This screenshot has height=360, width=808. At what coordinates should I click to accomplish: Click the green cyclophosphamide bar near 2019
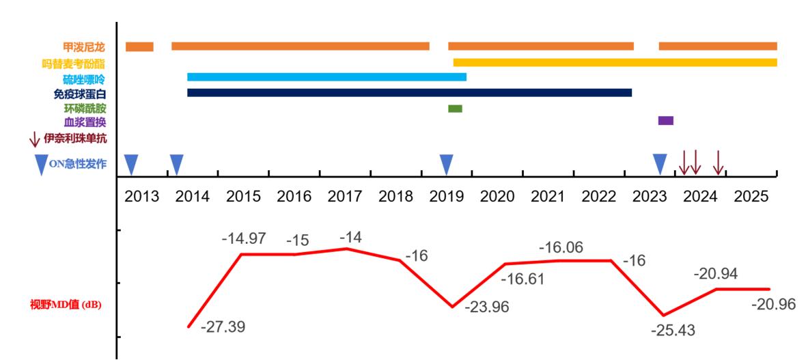(x=455, y=109)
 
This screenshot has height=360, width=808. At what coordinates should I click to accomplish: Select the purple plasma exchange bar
(x=665, y=121)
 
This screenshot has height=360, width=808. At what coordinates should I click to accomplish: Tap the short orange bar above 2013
(x=139, y=46)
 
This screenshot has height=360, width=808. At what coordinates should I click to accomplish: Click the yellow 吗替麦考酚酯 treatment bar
(x=615, y=62)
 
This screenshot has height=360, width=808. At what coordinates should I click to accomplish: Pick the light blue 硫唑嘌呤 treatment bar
(x=326, y=77)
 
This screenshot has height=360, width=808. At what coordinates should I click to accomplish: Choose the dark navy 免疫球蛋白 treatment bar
(x=409, y=92)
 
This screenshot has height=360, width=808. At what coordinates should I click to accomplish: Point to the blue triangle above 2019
(x=446, y=164)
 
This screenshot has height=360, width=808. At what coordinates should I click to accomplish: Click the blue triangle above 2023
(x=660, y=164)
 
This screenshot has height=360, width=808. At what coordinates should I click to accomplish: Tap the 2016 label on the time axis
(x=294, y=197)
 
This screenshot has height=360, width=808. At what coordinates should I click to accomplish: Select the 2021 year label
(x=548, y=197)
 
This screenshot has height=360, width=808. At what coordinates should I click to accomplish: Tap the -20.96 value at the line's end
(x=773, y=304)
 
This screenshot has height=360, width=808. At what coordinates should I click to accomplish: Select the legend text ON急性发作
(x=77, y=163)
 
